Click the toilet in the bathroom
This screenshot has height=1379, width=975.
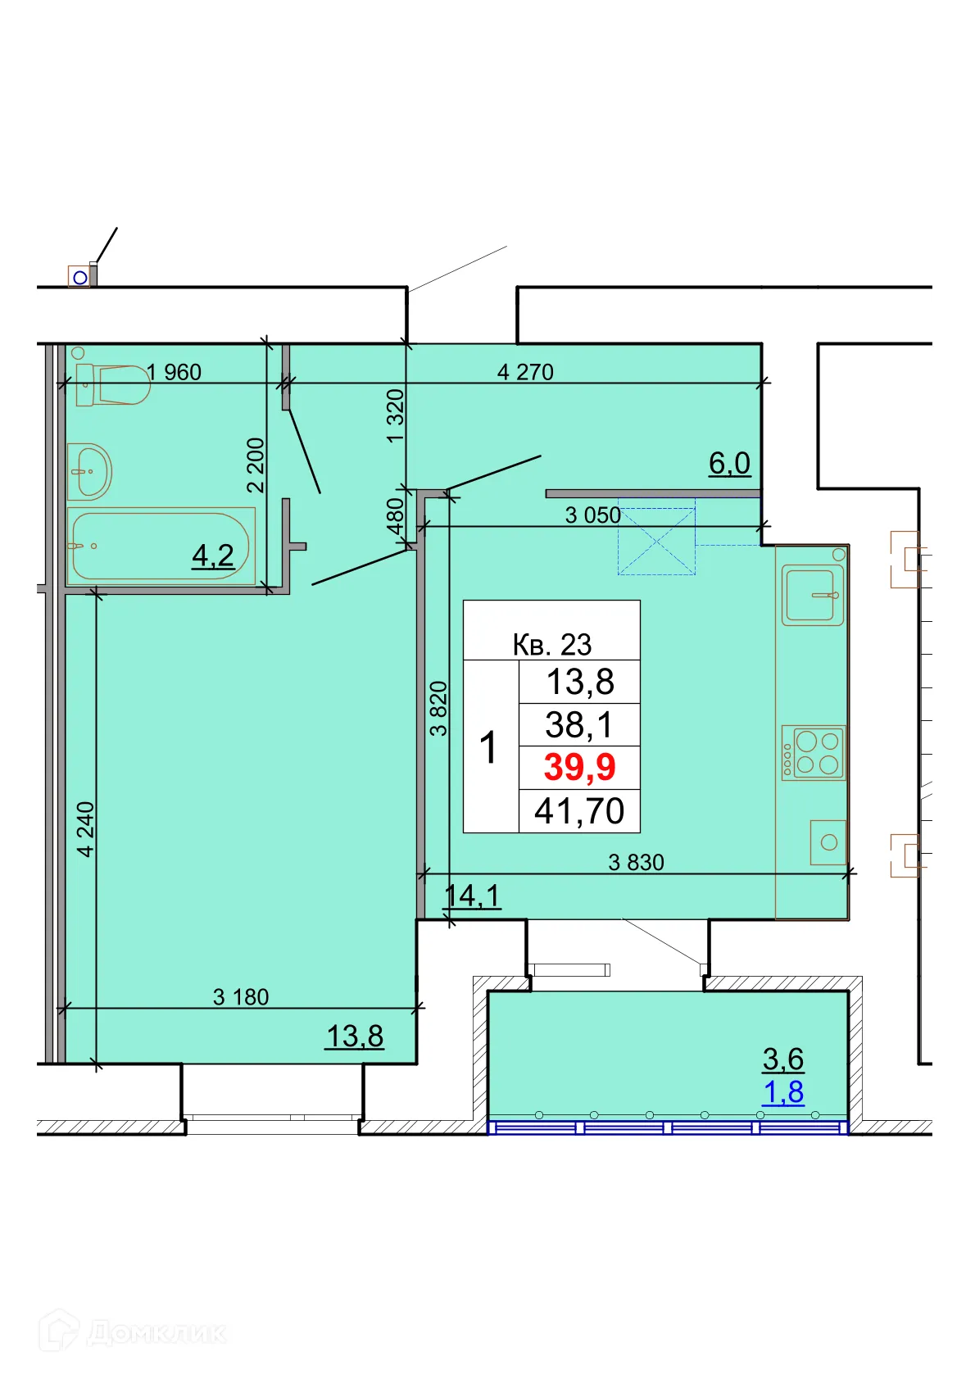114,385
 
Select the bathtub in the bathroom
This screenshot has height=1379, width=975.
161,547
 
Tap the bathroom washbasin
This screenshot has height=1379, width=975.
88,471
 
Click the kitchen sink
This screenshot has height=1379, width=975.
812,595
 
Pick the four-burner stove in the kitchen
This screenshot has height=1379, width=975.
813,753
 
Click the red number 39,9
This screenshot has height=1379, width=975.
579,767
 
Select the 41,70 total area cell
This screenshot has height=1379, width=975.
579,811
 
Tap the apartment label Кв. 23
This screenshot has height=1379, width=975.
551,645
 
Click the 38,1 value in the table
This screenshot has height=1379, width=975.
579,725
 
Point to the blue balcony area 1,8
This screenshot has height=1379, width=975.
783,1092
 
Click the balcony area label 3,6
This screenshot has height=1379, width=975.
783,1059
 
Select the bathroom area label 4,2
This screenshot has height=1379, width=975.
213,556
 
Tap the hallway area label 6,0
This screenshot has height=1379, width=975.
729,464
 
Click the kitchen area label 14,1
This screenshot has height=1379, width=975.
473,896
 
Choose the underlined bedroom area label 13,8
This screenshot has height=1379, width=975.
355,1037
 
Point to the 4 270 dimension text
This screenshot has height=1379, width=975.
525,373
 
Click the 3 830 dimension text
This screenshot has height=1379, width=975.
636,863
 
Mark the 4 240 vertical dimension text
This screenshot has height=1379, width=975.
86,829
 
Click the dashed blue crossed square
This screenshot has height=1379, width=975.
656,542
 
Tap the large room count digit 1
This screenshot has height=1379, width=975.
489,747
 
